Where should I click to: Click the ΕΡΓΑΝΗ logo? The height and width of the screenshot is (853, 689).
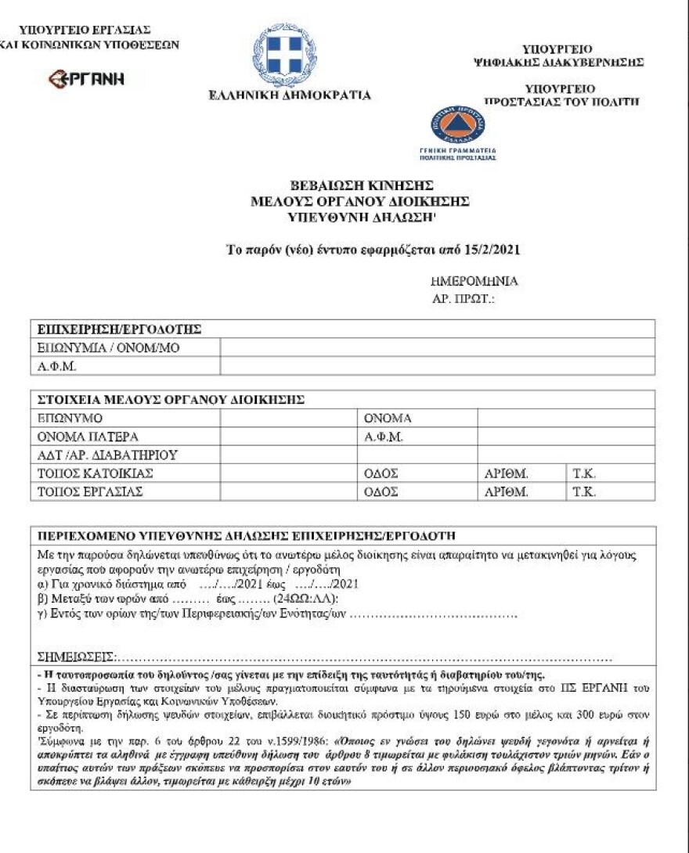click(x=87, y=78)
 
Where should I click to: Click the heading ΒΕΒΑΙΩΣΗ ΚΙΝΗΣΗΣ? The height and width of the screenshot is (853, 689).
click(x=362, y=185)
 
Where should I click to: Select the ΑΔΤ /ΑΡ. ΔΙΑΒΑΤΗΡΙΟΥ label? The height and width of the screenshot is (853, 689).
click(x=107, y=455)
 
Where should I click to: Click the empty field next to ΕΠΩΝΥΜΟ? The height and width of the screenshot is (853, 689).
click(x=288, y=419)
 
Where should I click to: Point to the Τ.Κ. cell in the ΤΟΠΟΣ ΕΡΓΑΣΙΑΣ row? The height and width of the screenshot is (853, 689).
click(x=584, y=492)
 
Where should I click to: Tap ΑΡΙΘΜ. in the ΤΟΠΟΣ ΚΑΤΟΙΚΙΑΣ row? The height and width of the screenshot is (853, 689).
click(x=507, y=473)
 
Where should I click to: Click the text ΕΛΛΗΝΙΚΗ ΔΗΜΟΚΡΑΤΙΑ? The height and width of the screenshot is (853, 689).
click(x=290, y=95)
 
